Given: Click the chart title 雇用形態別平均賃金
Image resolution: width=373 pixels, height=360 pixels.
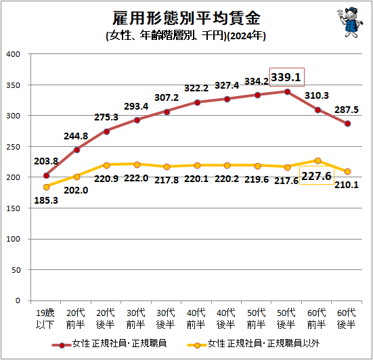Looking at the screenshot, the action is click(x=186, y=18).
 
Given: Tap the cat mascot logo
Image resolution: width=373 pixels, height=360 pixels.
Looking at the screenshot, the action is click(x=350, y=22).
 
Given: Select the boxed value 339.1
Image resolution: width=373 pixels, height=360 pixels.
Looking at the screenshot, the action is click(x=286, y=77).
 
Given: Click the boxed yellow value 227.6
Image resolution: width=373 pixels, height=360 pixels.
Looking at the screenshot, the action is click(x=316, y=176).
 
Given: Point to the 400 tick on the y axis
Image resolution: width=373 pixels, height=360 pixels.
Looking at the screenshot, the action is click(x=13, y=54).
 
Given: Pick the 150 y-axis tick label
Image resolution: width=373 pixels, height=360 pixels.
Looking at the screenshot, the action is click(x=13, y=208).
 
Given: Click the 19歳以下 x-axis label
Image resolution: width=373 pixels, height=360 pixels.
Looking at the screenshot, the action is click(x=45, y=319).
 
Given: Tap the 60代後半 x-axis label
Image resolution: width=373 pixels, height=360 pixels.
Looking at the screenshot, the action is click(x=347, y=319).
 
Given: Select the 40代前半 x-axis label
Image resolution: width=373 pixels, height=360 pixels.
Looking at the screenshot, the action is click(x=196, y=319).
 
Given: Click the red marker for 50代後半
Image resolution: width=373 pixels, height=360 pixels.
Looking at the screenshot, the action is click(x=287, y=92).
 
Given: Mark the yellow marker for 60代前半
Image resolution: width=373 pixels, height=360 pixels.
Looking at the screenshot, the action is click(x=317, y=161).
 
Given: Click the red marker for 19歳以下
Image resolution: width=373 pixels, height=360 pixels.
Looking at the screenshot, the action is click(x=47, y=175).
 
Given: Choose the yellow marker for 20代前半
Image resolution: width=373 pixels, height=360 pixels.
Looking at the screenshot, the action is click(x=76, y=177).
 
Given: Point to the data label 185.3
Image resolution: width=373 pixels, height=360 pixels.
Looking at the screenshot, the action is click(x=46, y=200).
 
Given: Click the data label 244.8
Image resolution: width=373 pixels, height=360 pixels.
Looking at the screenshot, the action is click(x=76, y=136).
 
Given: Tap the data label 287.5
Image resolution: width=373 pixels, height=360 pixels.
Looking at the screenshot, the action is click(x=347, y=110).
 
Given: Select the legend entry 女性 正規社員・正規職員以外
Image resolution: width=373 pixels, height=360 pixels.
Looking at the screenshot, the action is click(x=253, y=344).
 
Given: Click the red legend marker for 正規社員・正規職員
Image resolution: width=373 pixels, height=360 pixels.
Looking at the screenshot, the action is click(x=62, y=345).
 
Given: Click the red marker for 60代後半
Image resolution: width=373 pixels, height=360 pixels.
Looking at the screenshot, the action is click(x=347, y=124).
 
